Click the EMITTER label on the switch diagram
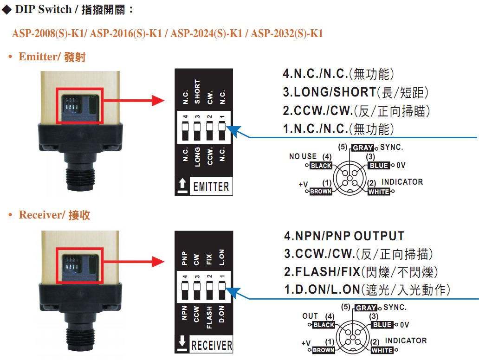pyautogui.click(x=211, y=186)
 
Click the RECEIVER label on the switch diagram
pyautogui.click(x=212, y=345)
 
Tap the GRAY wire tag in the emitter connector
pyautogui.click(x=362, y=148)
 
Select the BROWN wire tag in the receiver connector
pyautogui.click(x=324, y=350)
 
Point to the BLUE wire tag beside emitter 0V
pyautogui.click(x=379, y=166)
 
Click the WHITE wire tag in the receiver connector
pyautogui.click(x=382, y=350)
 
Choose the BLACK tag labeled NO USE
pyautogui.click(x=321, y=166)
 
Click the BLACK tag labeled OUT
pyautogui.click(x=324, y=325)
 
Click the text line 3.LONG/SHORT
pyautogui.click(x=356, y=92)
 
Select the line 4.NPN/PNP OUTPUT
pyautogui.click(x=344, y=236)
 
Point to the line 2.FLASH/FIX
pyautogui.click(x=361, y=272)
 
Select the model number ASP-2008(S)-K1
pyautogui.click(x=49, y=33)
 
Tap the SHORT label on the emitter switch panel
pyautogui.click(x=197, y=92)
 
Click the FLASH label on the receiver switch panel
pyautogui.click(x=209, y=317)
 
